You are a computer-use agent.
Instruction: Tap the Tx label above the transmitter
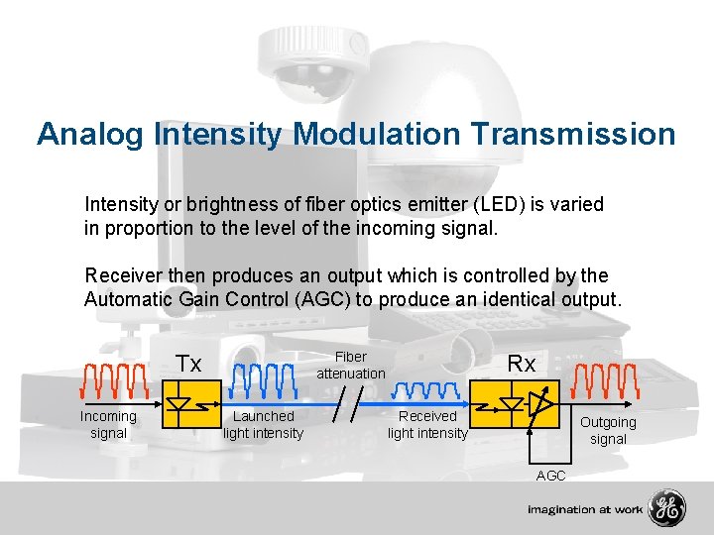click(188, 364)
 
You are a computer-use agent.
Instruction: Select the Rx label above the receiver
click(522, 364)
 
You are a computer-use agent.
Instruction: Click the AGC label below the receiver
click(550, 476)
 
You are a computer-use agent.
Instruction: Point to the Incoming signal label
click(108, 424)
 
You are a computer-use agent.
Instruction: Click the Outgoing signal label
click(608, 430)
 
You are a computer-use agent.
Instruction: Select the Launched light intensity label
click(263, 424)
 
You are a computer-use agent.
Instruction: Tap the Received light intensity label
click(427, 424)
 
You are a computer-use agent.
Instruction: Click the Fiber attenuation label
click(350, 365)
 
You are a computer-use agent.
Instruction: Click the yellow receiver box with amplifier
click(522, 405)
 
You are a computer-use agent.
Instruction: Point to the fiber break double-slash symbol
click(346, 405)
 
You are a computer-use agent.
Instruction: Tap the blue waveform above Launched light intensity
click(265, 379)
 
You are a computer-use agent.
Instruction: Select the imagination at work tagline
click(584, 509)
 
